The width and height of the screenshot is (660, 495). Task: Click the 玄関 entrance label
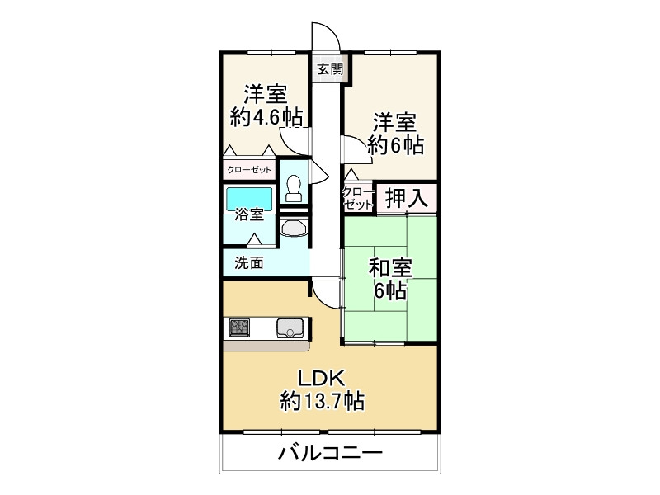(330, 69)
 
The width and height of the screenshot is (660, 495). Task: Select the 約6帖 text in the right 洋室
(395, 146)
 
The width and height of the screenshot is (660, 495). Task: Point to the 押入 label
(406, 198)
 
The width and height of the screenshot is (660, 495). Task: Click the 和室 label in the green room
(389, 269)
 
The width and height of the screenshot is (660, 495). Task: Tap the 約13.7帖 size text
(322, 402)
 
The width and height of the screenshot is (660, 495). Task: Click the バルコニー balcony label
(329, 453)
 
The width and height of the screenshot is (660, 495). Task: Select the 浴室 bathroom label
(249, 215)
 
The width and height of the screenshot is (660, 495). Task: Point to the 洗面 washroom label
(249, 263)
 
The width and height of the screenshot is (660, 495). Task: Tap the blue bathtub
(248, 197)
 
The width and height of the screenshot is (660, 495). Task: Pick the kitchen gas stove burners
(240, 328)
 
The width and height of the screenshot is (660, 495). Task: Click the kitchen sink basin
(290, 328)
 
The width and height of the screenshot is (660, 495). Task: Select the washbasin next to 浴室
(294, 227)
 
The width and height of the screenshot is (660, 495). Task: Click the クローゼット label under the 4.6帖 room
(250, 170)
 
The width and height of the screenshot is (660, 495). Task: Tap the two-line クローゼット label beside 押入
(358, 198)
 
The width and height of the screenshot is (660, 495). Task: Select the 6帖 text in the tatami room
(389, 290)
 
